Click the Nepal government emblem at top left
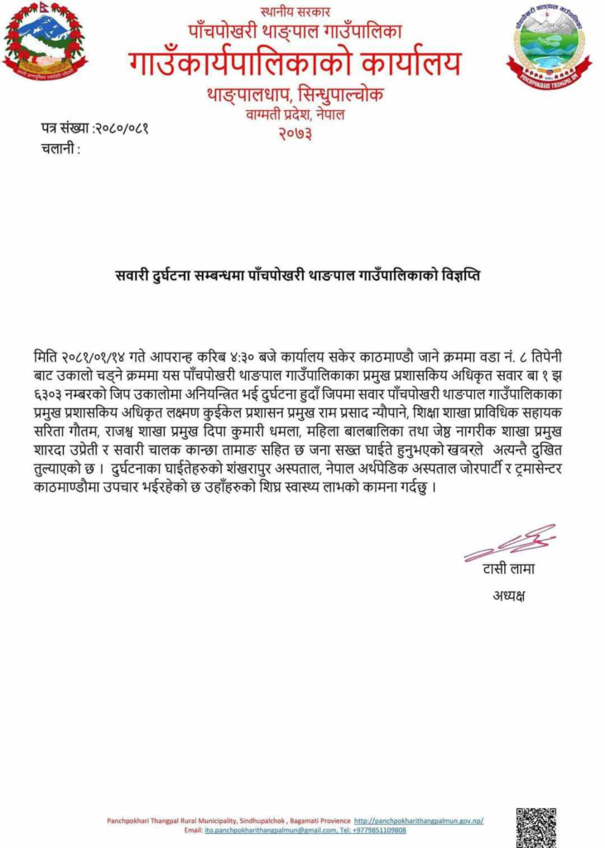45,41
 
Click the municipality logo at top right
549,46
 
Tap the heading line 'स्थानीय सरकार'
294,12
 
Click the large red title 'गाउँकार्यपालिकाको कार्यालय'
295,63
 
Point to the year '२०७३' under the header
295,133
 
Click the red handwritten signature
508,542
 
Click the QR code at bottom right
535,826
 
